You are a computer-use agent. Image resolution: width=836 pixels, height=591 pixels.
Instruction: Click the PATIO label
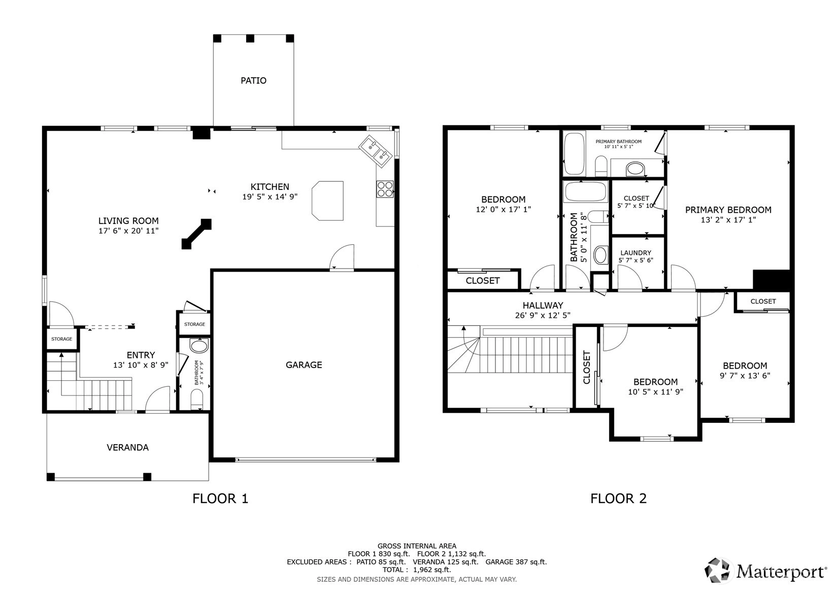coord(253,81)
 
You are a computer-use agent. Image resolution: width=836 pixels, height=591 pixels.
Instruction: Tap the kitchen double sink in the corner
coord(376,151)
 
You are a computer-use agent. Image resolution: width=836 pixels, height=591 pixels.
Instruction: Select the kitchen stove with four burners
coord(385,189)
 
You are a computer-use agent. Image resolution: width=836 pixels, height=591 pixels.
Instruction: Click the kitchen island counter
coord(328,201)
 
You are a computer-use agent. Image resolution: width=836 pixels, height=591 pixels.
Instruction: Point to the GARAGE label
coord(304,365)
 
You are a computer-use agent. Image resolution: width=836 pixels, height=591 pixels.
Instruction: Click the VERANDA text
coord(127,447)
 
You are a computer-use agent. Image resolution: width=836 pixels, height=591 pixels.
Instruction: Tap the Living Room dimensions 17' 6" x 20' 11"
coord(128,231)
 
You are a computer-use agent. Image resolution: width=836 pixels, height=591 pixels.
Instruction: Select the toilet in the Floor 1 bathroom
coord(196,399)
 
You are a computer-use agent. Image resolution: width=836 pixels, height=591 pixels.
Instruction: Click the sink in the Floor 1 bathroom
coord(199,346)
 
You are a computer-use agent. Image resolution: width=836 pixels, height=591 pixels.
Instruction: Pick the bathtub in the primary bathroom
coord(574,153)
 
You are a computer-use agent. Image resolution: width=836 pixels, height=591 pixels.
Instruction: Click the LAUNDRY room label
coord(636,253)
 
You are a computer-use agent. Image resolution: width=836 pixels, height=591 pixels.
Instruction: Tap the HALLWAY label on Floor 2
coord(543,305)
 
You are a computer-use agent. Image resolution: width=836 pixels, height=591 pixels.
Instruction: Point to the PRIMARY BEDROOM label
coord(728,210)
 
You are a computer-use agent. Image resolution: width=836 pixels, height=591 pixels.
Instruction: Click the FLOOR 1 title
coord(220,499)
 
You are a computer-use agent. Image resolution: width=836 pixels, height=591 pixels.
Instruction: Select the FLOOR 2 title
coord(618,499)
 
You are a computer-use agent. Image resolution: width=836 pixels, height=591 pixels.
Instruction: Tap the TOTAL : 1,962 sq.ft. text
coord(417,570)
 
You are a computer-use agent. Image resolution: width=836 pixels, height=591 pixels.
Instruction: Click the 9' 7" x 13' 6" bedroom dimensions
coord(745,376)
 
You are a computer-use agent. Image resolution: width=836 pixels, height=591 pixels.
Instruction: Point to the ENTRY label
coord(141,355)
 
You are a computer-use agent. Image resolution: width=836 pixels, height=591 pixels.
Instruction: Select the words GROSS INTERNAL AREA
coord(417,546)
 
